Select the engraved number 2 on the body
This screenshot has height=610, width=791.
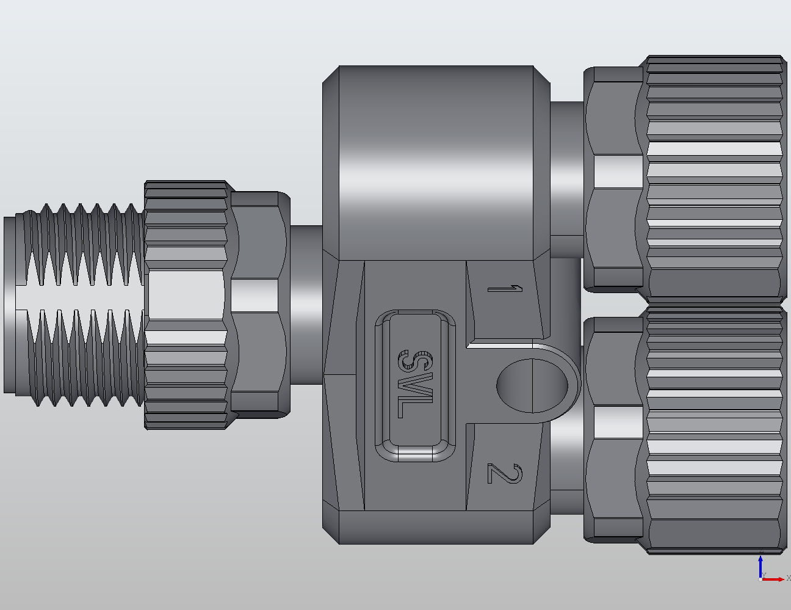click(x=505, y=473)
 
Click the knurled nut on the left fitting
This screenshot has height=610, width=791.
click(x=186, y=305)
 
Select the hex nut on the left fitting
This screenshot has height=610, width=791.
click(x=258, y=305)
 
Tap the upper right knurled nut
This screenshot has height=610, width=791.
click(x=714, y=177)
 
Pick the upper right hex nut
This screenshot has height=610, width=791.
click(x=613, y=177)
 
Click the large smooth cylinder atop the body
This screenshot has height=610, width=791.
click(x=436, y=162)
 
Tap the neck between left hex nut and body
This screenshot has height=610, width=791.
click(x=305, y=305)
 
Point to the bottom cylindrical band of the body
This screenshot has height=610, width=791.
click(x=436, y=527)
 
